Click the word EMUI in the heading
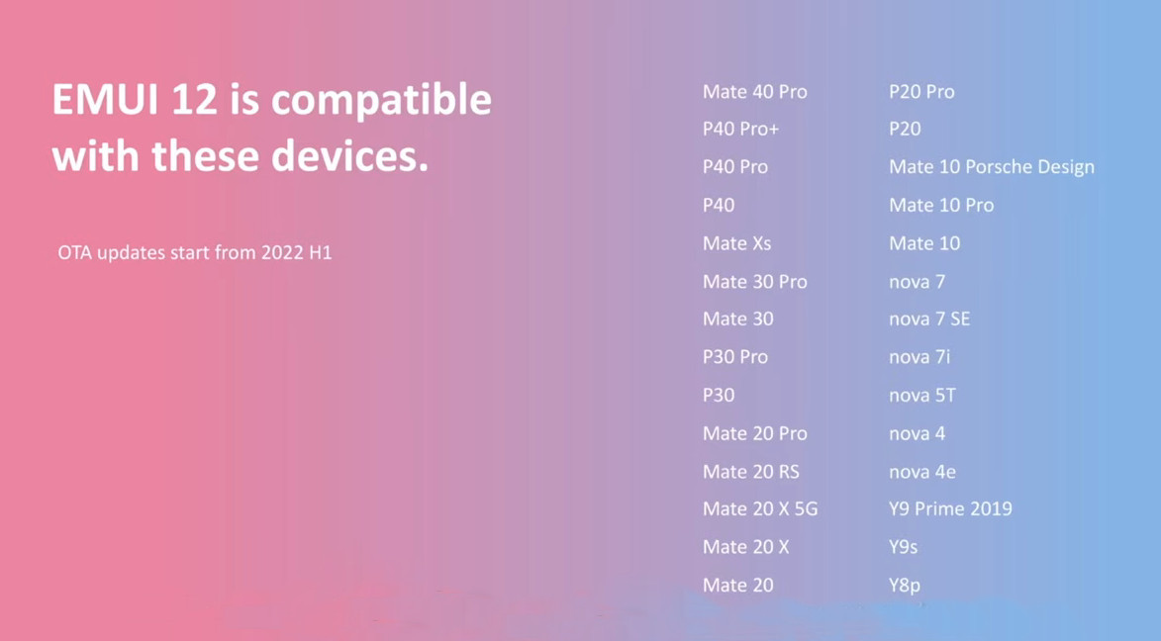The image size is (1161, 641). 104,99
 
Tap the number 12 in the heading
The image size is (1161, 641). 194,99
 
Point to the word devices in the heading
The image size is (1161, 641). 349,156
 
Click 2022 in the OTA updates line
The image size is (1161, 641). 282,252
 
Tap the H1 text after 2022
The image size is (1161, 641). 320,252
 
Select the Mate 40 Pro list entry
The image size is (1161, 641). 754,92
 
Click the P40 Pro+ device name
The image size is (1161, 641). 740,129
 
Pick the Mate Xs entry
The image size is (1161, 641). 736,243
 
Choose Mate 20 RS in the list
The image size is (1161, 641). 751,472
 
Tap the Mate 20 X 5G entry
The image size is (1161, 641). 760,508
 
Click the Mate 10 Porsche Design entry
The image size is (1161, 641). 992,167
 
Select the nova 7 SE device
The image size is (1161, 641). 929,320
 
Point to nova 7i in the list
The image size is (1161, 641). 919,357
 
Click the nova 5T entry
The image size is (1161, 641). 921,396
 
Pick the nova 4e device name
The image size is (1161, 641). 922,472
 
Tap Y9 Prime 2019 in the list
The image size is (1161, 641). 951,508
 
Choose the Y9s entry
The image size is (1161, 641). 904,547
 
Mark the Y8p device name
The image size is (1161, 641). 905,586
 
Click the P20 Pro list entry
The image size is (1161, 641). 921,92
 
